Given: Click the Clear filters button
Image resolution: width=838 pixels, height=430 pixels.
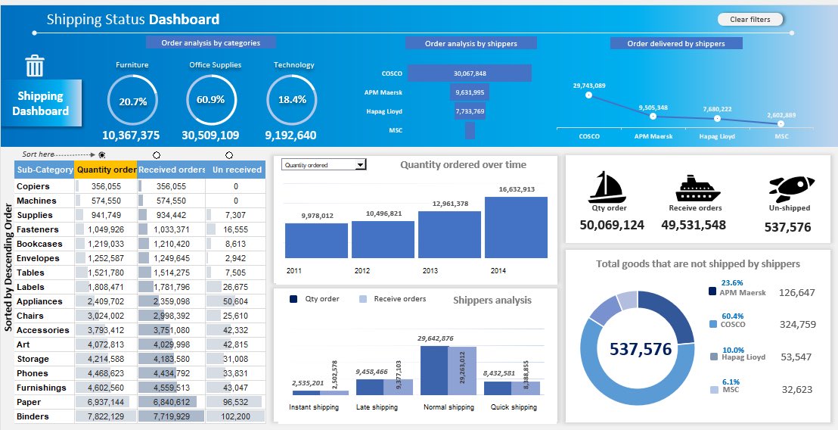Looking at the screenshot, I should click(x=750, y=20).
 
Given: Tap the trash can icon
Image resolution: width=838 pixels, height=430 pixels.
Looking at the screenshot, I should click(x=35, y=66).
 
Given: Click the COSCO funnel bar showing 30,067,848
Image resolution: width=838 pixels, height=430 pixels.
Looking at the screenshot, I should click(x=469, y=73).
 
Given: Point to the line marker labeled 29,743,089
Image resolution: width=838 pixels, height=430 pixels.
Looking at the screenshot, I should click(x=588, y=95).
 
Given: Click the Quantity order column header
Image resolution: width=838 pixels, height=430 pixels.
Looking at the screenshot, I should click(x=106, y=170).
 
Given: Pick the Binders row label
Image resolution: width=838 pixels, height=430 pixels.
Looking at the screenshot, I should click(x=33, y=416).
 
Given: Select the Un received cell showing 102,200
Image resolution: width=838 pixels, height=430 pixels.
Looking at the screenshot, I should click(x=236, y=416).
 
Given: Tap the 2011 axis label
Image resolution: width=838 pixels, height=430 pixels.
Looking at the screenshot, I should click(x=294, y=270).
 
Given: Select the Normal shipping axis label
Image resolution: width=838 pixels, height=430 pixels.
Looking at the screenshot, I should click(x=448, y=407).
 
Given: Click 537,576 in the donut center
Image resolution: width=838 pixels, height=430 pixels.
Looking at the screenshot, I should click(x=640, y=349).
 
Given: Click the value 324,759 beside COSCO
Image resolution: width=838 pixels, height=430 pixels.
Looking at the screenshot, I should click(x=797, y=325).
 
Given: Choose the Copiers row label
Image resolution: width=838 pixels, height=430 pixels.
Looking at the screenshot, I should click(x=33, y=186).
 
